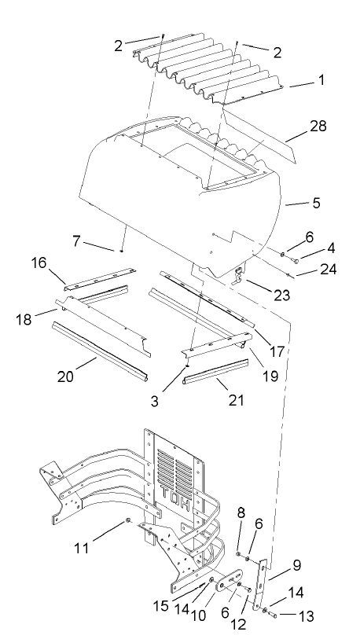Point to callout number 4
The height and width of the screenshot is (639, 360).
coord(332,248)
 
